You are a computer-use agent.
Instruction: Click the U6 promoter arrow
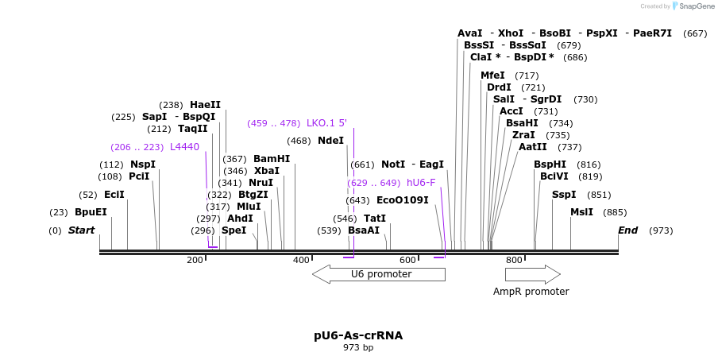pyautogui.click(x=379, y=274)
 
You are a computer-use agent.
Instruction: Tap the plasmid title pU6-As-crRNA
pyautogui.click(x=358, y=335)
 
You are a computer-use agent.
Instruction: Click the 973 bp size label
pyautogui.click(x=358, y=347)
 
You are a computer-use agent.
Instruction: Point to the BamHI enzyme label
pyautogui.click(x=272, y=159)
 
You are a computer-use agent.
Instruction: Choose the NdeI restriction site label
pyautogui.click(x=330, y=141)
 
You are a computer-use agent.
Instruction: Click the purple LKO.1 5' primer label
pyautogui.click(x=326, y=123)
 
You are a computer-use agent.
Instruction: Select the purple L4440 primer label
pyautogui.click(x=184, y=147)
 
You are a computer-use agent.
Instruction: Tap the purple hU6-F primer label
pyautogui.click(x=421, y=183)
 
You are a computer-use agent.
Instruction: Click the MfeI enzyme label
pyautogui.click(x=492, y=75)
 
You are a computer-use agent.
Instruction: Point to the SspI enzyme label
pyautogui.click(x=564, y=195)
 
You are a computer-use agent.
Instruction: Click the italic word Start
pyautogui.click(x=81, y=230)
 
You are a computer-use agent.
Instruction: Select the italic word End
pyautogui.click(x=627, y=230)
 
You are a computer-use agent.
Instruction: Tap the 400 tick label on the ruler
pyautogui.click(x=301, y=260)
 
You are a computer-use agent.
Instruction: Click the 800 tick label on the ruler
pyautogui.click(x=514, y=260)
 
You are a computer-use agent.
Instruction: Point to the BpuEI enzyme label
pyautogui.click(x=91, y=212)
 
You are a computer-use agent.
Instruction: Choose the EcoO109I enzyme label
pyautogui.click(x=402, y=200)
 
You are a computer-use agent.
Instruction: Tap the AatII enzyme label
pyautogui.click(x=532, y=147)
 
